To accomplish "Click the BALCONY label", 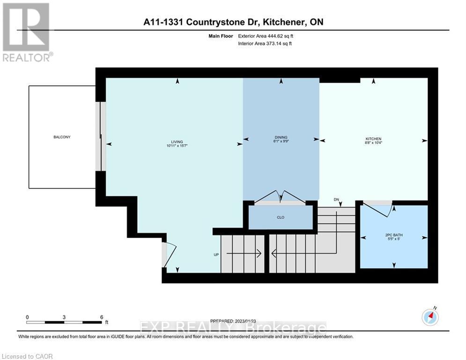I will [62, 137].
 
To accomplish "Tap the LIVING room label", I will [177, 142].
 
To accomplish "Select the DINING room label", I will [281, 137].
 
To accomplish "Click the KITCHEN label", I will [373, 139].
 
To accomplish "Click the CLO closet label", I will [281, 217].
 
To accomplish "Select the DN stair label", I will [336, 199].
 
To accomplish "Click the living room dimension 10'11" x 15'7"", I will [177, 146].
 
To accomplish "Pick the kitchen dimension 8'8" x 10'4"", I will [373, 143].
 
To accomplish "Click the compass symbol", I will [430, 317].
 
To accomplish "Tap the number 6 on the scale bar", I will [102, 317].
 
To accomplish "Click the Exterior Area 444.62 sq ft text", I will [266, 36].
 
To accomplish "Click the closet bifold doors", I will [280, 197].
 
